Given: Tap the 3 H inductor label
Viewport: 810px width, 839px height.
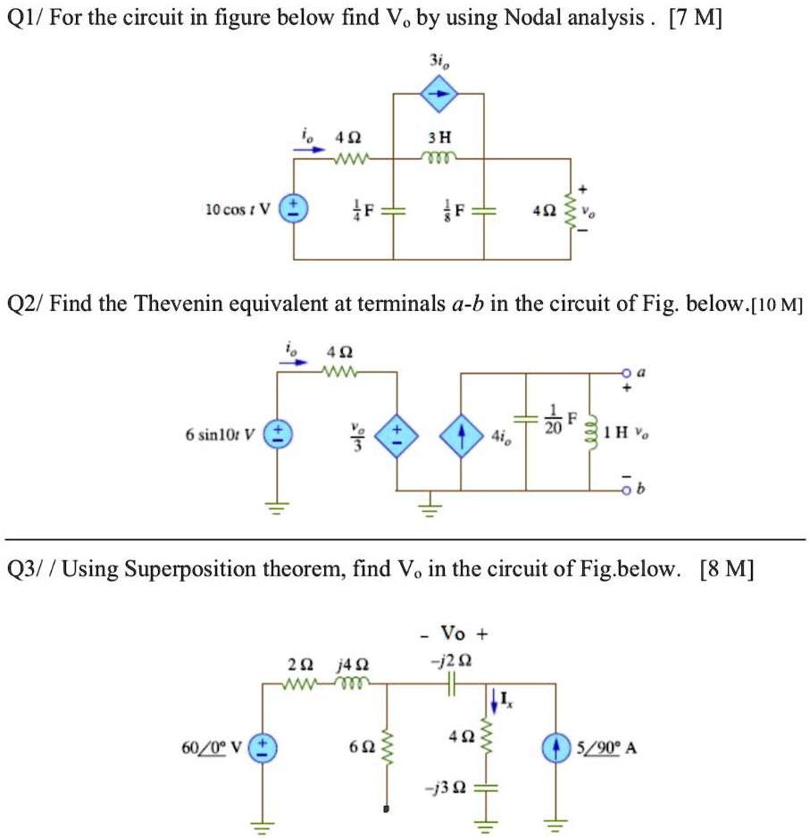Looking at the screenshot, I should click(x=439, y=138).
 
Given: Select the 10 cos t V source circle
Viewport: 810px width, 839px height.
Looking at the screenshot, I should click(x=295, y=211).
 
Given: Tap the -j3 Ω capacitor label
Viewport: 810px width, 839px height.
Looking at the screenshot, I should click(x=448, y=787).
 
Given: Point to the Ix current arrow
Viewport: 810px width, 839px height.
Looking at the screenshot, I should click(x=491, y=700).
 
